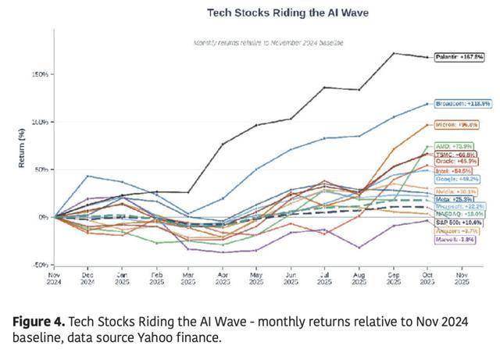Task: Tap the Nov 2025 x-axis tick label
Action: tap(460, 279)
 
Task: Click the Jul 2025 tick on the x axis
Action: tap(323, 279)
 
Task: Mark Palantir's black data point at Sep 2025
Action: tap(394, 54)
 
